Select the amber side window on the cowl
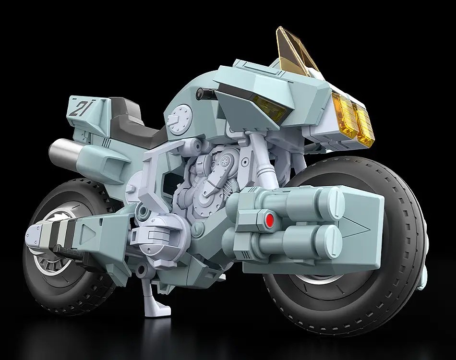coord(266,101)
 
